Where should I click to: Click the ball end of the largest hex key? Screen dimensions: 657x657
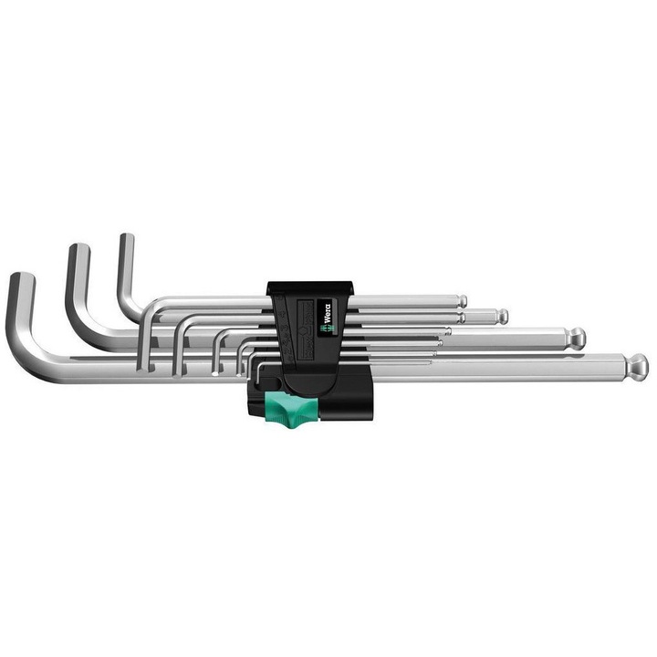[x=639, y=366]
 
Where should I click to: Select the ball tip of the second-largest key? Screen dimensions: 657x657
[x=577, y=337]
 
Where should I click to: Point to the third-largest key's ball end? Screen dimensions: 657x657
[x=502, y=317]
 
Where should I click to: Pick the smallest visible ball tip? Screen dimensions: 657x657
[x=463, y=301]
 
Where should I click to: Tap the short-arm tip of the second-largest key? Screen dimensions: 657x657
[x=78, y=249]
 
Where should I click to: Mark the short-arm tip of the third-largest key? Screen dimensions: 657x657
[x=126, y=239]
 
